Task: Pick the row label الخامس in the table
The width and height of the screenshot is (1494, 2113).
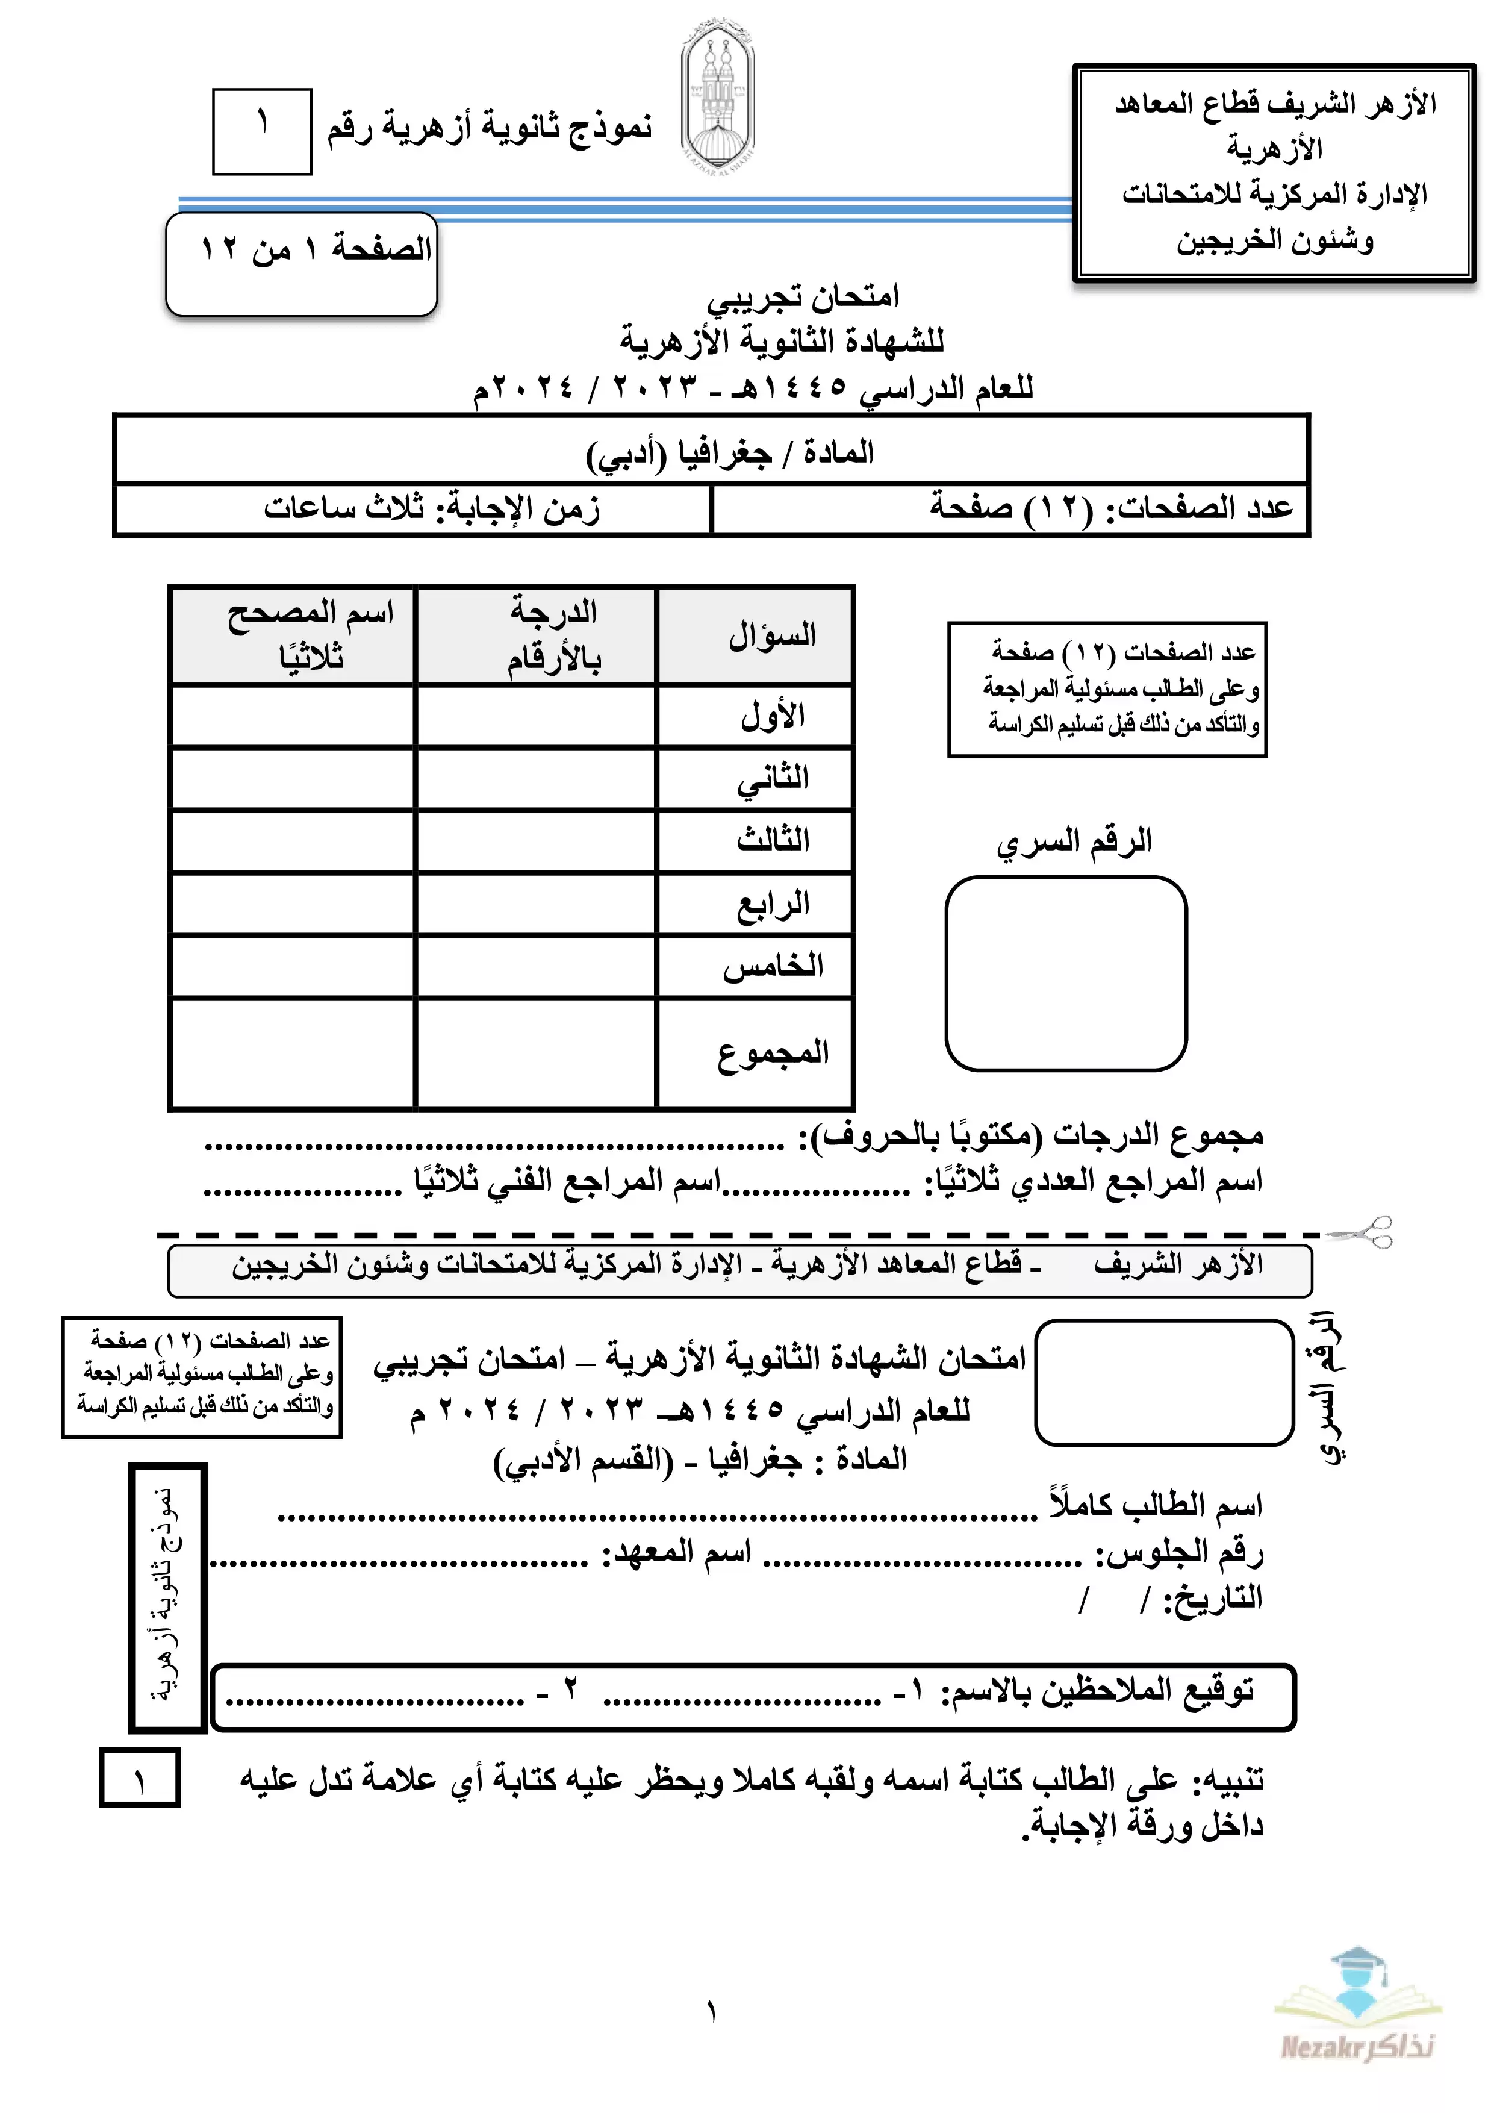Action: click(773, 966)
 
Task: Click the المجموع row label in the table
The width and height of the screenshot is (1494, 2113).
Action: click(773, 1052)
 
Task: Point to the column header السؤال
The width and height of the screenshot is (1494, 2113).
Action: click(773, 635)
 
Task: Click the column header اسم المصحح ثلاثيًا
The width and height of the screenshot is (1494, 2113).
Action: click(310, 635)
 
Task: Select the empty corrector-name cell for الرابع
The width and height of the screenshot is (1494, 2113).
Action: click(293, 904)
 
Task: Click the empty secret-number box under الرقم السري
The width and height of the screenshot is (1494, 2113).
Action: click(1066, 973)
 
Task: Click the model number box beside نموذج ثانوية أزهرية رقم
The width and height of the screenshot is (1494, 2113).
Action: click(262, 131)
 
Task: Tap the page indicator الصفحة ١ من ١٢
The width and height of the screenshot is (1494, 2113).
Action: click(316, 249)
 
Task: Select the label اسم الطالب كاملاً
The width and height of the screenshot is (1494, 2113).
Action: click(1156, 1506)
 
